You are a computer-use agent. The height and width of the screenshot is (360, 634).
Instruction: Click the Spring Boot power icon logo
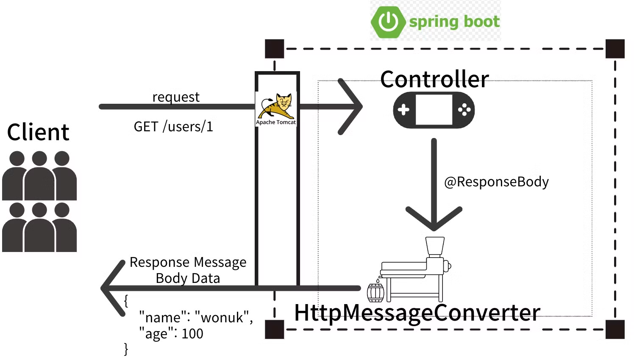(x=388, y=22)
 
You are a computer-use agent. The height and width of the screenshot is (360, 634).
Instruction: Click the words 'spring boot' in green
(x=454, y=22)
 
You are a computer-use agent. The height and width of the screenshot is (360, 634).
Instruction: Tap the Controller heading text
(x=434, y=79)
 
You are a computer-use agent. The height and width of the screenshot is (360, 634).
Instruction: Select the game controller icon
(x=434, y=110)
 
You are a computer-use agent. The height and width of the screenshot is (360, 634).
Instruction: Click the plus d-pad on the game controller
(x=403, y=110)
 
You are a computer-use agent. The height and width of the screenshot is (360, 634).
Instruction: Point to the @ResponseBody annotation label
(x=496, y=182)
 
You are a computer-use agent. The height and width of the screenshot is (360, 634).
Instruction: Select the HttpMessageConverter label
(x=417, y=313)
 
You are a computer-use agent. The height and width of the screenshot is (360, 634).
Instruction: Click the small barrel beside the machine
(x=375, y=292)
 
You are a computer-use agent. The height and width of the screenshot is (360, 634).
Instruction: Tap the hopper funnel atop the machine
(x=435, y=246)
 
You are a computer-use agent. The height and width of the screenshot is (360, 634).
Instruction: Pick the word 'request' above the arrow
(x=176, y=97)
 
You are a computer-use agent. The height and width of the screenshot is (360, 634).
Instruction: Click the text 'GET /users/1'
(x=173, y=127)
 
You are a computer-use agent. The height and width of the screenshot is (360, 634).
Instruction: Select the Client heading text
(x=38, y=132)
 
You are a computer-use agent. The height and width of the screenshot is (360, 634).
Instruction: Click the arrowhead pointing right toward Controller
(x=352, y=107)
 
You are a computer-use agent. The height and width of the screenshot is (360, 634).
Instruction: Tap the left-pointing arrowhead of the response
(x=112, y=288)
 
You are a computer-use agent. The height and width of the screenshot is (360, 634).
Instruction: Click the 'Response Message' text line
(x=188, y=262)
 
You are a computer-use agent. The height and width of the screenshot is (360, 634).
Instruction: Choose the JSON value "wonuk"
(x=223, y=317)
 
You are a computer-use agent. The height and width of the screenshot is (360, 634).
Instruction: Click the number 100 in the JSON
(x=192, y=334)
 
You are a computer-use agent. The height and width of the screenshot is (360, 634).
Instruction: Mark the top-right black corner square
(x=615, y=49)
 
